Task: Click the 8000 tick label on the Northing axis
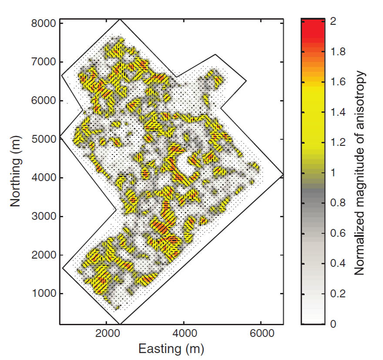45,23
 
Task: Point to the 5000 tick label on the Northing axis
45,139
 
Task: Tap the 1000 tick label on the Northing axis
45,293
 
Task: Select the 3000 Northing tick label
45,216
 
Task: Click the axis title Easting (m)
171,349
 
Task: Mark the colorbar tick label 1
333,173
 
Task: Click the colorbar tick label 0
333,324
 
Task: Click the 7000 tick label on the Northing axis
45,62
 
